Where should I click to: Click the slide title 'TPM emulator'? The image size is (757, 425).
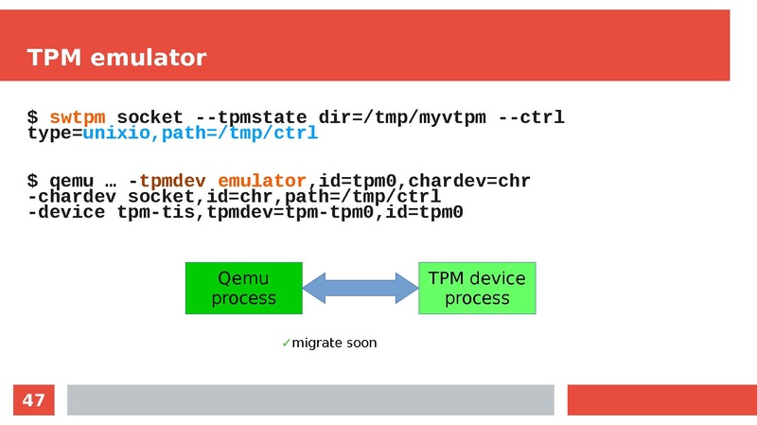point(116,59)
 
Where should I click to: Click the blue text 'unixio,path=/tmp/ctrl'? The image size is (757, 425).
point(200,134)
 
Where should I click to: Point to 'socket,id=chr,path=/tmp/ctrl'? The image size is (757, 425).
point(284,197)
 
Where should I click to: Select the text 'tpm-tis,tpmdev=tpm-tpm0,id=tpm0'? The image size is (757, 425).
point(290,213)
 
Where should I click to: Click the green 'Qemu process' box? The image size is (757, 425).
point(243,289)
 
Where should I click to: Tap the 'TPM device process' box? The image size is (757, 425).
point(477,289)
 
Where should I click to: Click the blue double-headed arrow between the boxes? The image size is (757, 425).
point(361,288)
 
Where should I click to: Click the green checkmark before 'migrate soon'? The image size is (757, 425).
point(286,343)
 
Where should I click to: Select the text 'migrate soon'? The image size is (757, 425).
point(334,343)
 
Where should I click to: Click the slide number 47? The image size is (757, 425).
point(33,400)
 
